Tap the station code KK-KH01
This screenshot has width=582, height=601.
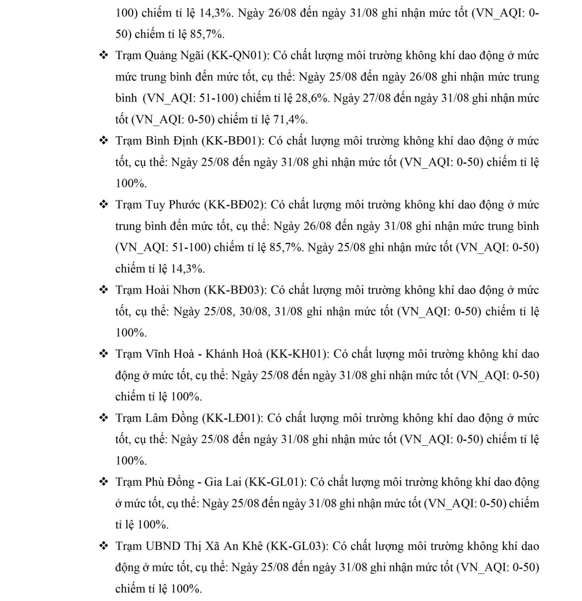coord(298,354)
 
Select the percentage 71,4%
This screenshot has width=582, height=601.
coord(290,120)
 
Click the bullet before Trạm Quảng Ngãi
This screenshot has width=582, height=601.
coord(104,56)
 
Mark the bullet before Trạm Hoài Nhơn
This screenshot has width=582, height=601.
coord(104,290)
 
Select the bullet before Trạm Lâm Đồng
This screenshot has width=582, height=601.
coord(104,418)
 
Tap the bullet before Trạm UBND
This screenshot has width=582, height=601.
coord(104,546)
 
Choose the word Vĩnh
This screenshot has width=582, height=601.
coord(158,354)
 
